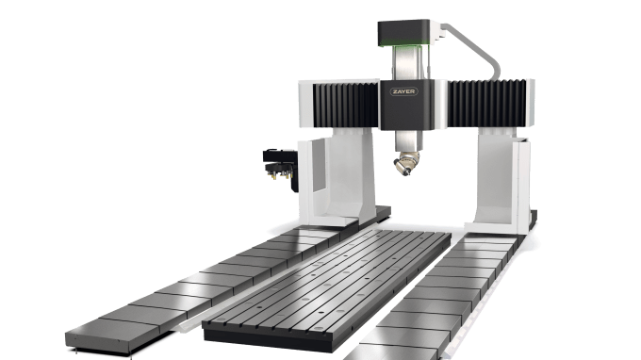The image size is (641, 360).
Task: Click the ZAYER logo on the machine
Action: (403, 91)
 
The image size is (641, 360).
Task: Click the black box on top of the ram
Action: (403, 32)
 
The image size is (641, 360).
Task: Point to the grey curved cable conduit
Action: (477, 48)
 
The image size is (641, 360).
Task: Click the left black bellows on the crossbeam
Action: (346, 105)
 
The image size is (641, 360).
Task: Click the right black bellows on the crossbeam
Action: (486, 104)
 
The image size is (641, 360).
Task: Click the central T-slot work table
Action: (327, 286)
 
